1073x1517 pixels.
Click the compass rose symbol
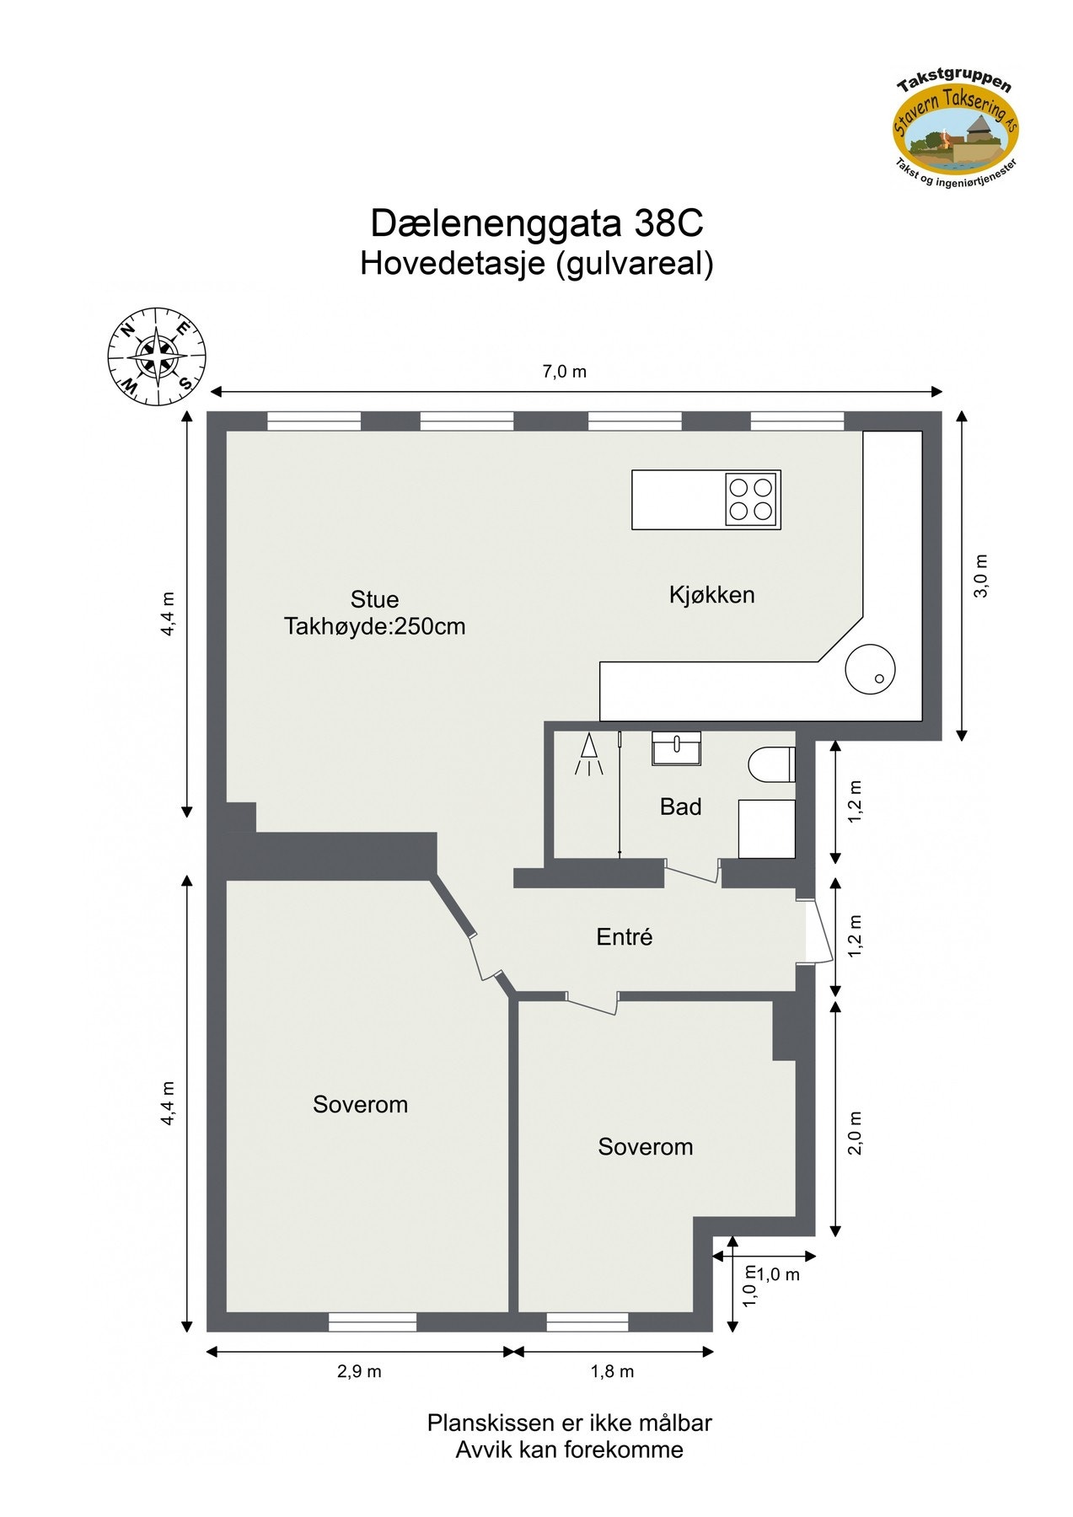point(157,358)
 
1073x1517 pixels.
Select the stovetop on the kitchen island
point(751,499)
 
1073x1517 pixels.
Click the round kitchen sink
point(870,669)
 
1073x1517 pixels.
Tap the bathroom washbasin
point(676,748)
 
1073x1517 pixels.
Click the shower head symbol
point(589,753)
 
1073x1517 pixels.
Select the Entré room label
point(624,937)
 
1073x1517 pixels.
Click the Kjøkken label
point(711,595)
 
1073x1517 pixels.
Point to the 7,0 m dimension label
point(564,372)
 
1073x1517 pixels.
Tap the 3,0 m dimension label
point(981,576)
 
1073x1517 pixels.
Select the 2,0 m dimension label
point(855,1132)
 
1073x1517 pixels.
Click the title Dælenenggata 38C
point(537,223)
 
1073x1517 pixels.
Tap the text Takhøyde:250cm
point(374,627)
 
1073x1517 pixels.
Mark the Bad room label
point(680,807)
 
